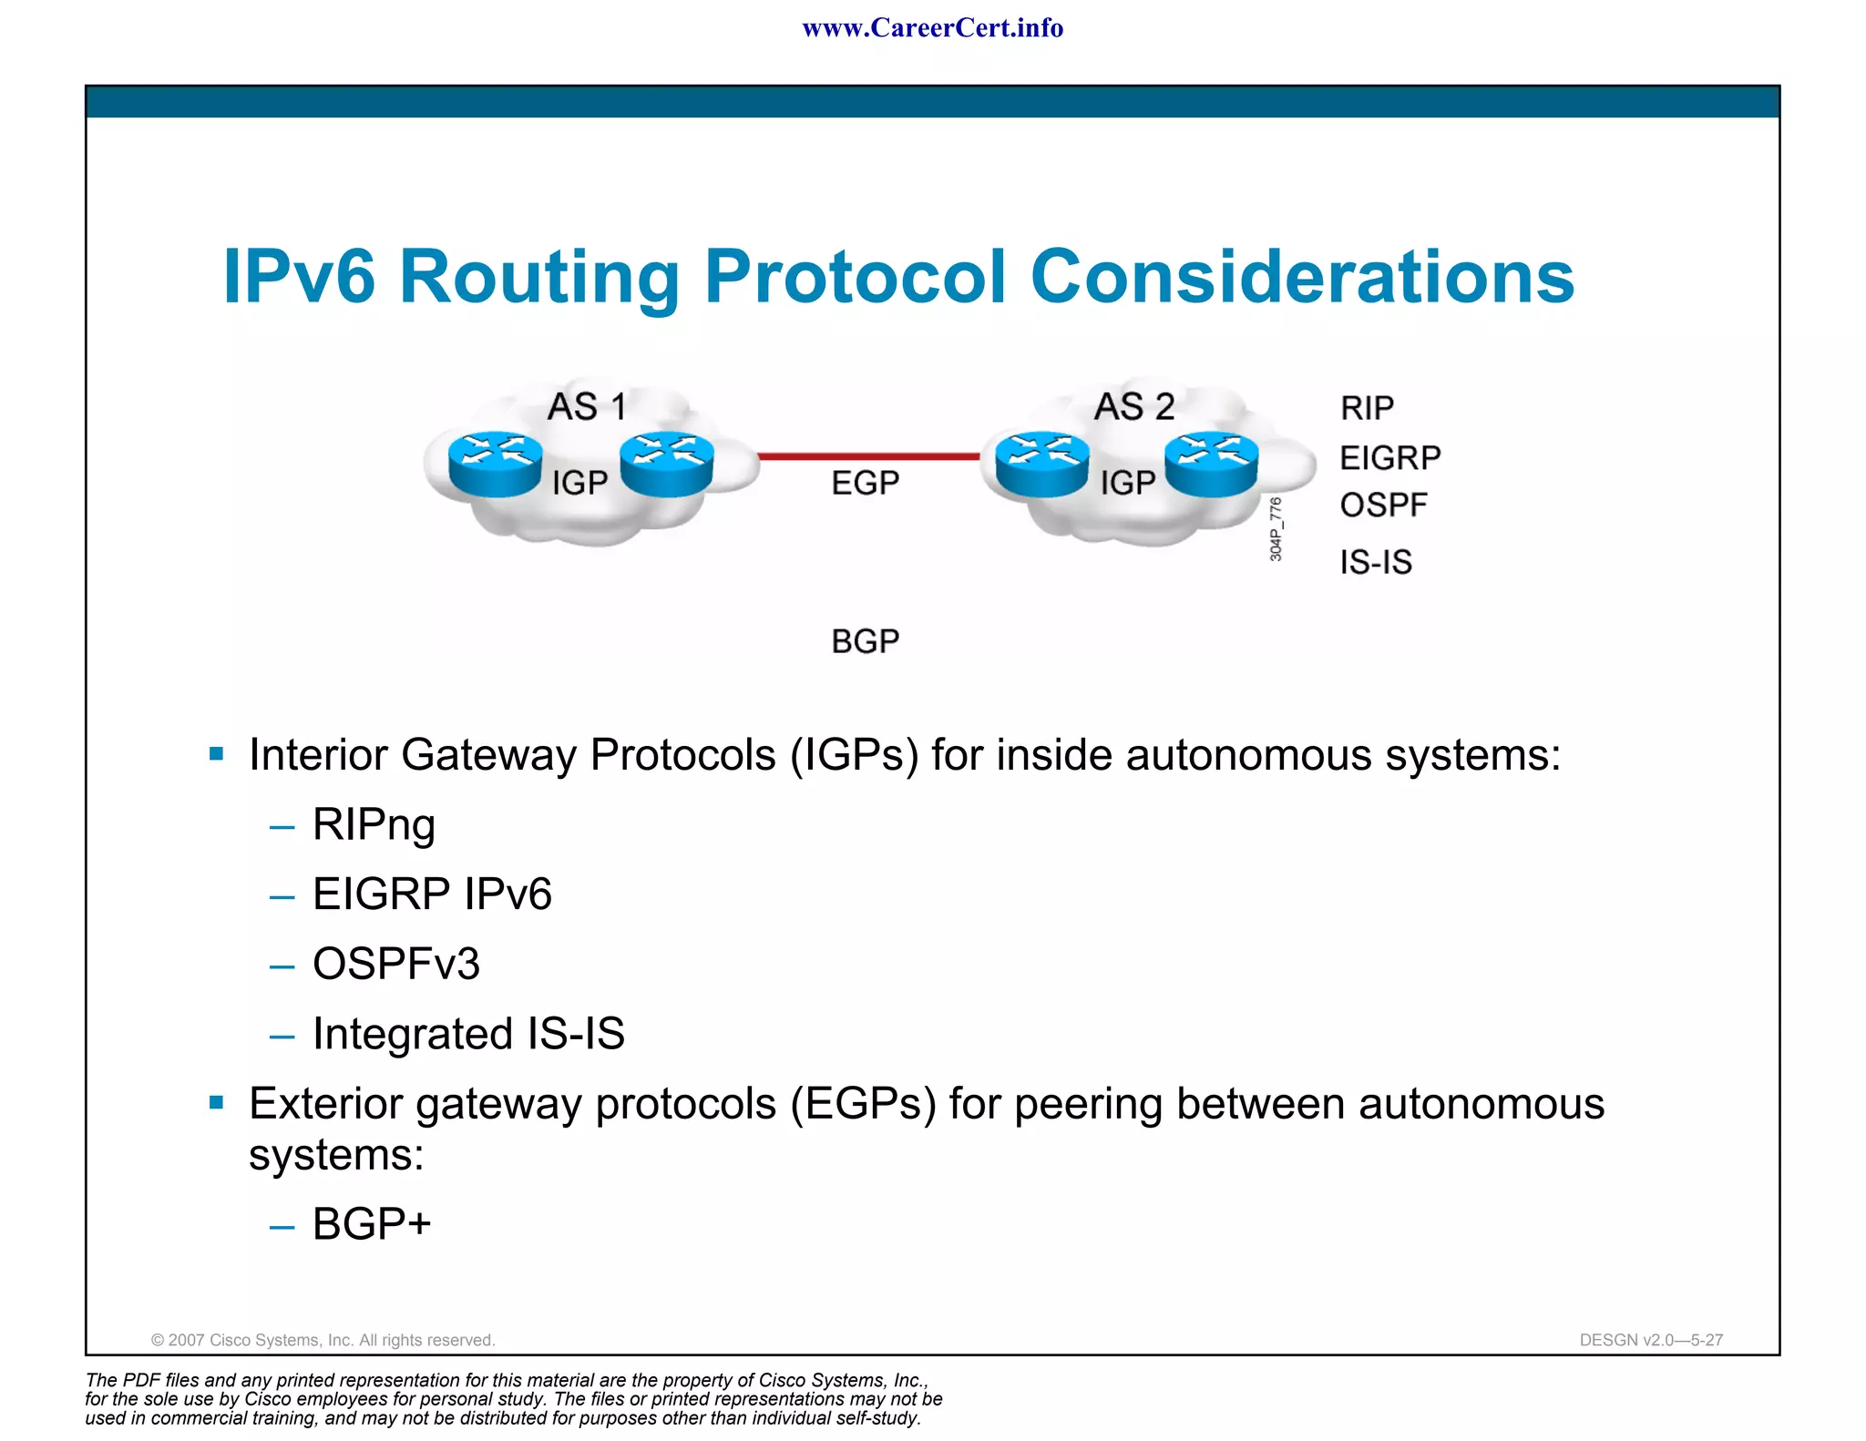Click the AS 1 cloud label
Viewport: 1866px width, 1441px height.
click(x=586, y=406)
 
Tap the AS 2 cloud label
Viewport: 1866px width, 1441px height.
click(x=1133, y=406)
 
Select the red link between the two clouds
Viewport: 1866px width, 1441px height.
click(x=868, y=456)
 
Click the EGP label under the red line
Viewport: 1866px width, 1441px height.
click(x=865, y=483)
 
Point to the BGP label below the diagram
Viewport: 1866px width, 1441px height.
click(x=865, y=641)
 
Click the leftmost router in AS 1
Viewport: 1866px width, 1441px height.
click(x=495, y=464)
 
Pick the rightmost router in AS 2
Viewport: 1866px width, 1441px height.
click(x=1211, y=464)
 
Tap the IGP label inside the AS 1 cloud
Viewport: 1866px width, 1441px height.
click(x=579, y=483)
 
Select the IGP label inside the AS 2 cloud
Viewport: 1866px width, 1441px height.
click(x=1127, y=483)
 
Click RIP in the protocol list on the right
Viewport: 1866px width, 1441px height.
click(x=1367, y=408)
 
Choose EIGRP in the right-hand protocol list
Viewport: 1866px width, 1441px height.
click(x=1389, y=457)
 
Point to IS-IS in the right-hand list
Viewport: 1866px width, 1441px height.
click(x=1375, y=562)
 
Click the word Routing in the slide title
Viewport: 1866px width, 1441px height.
click(x=538, y=277)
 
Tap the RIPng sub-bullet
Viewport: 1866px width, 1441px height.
click(x=374, y=824)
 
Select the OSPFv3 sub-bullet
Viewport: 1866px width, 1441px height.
click(x=395, y=964)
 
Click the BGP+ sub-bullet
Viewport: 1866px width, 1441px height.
click(x=371, y=1223)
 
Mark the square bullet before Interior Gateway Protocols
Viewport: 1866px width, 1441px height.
click(x=216, y=754)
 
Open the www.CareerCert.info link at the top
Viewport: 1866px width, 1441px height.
click(x=932, y=28)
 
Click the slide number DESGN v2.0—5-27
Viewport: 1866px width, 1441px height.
click(x=1650, y=1340)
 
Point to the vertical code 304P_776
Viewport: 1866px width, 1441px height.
click(x=1276, y=529)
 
